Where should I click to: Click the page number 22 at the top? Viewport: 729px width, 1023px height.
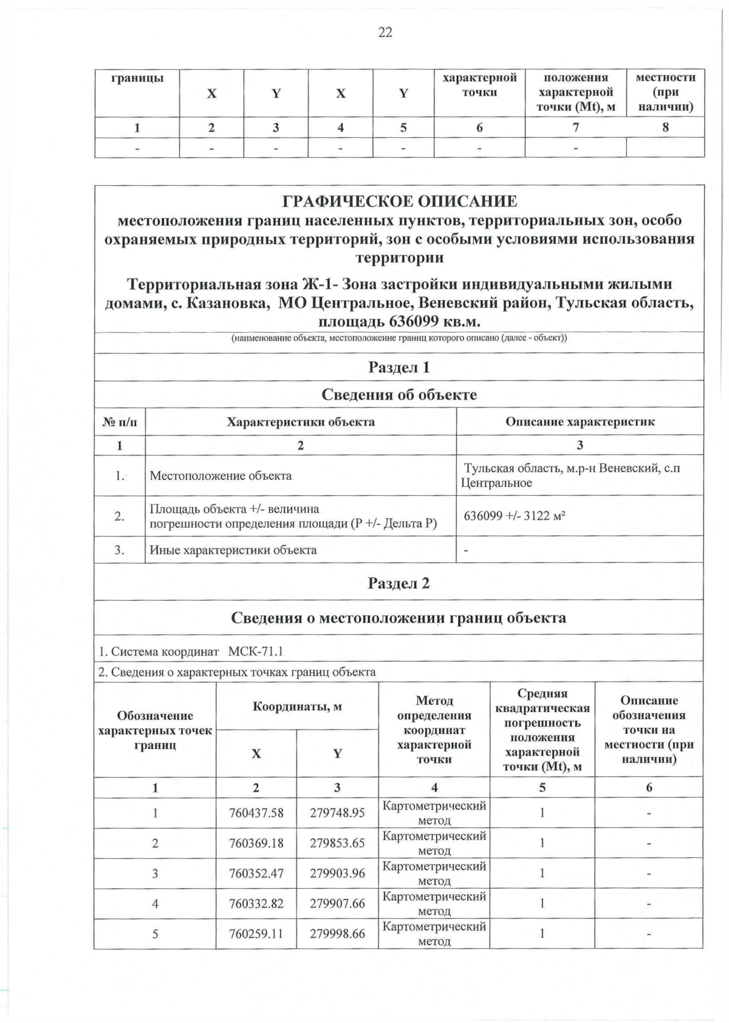[x=385, y=32]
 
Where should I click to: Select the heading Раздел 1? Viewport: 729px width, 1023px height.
[x=399, y=367]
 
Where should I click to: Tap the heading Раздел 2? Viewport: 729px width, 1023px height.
[x=399, y=583]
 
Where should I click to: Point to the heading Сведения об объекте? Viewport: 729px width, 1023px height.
[x=399, y=395]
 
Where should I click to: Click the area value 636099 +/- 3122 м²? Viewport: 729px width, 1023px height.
[x=515, y=516]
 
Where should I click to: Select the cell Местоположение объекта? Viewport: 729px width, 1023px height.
[x=221, y=476]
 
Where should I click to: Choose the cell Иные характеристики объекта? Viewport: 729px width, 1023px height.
[x=233, y=550]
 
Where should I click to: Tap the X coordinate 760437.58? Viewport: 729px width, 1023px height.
[x=256, y=813]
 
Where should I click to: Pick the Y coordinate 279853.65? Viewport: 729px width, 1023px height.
[x=337, y=843]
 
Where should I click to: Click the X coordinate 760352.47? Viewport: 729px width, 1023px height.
[x=256, y=874]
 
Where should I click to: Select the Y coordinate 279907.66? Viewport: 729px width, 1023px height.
[x=337, y=904]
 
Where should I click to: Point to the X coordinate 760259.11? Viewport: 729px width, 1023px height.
[x=256, y=934]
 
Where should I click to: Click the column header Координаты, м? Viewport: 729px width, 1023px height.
[x=297, y=707]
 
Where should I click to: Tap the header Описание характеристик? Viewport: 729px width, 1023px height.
[x=580, y=422]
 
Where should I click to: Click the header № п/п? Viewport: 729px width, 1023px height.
[x=119, y=422]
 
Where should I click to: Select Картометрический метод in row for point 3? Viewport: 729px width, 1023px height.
[x=434, y=874]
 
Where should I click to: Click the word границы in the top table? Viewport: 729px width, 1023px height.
[x=137, y=78]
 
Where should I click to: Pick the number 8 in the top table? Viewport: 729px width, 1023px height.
[x=666, y=128]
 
